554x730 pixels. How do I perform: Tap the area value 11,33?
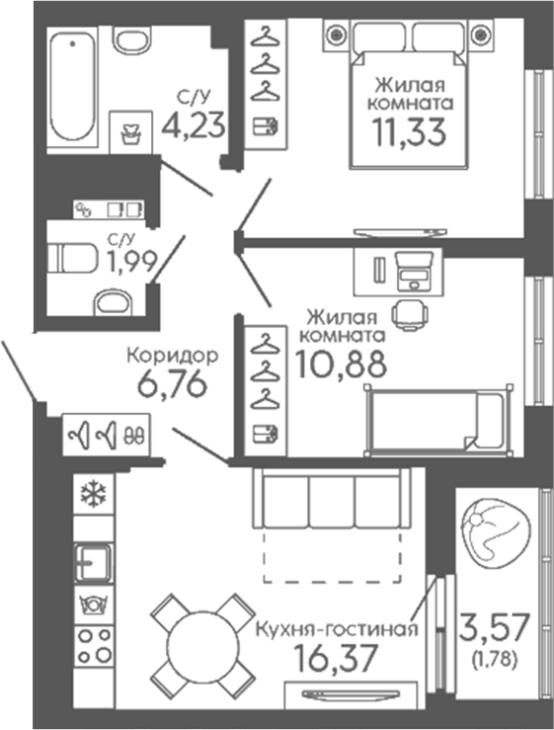(x=409, y=131)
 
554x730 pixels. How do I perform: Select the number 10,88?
(x=341, y=364)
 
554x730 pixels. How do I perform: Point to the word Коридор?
(x=173, y=356)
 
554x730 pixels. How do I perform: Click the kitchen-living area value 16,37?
(x=335, y=659)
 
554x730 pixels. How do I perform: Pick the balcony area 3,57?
(x=494, y=626)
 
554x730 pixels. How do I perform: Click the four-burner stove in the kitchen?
(x=94, y=645)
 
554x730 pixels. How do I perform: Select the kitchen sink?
(x=94, y=562)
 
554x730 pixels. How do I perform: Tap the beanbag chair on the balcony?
(x=496, y=533)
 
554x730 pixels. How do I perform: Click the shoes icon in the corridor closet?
(x=134, y=436)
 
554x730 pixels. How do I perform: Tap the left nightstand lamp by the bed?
(x=336, y=34)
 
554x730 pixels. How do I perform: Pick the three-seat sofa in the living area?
(x=332, y=498)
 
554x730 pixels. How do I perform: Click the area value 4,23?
(x=194, y=124)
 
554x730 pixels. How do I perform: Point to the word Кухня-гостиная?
(x=337, y=629)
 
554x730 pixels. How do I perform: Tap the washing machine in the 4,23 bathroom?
(x=130, y=132)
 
